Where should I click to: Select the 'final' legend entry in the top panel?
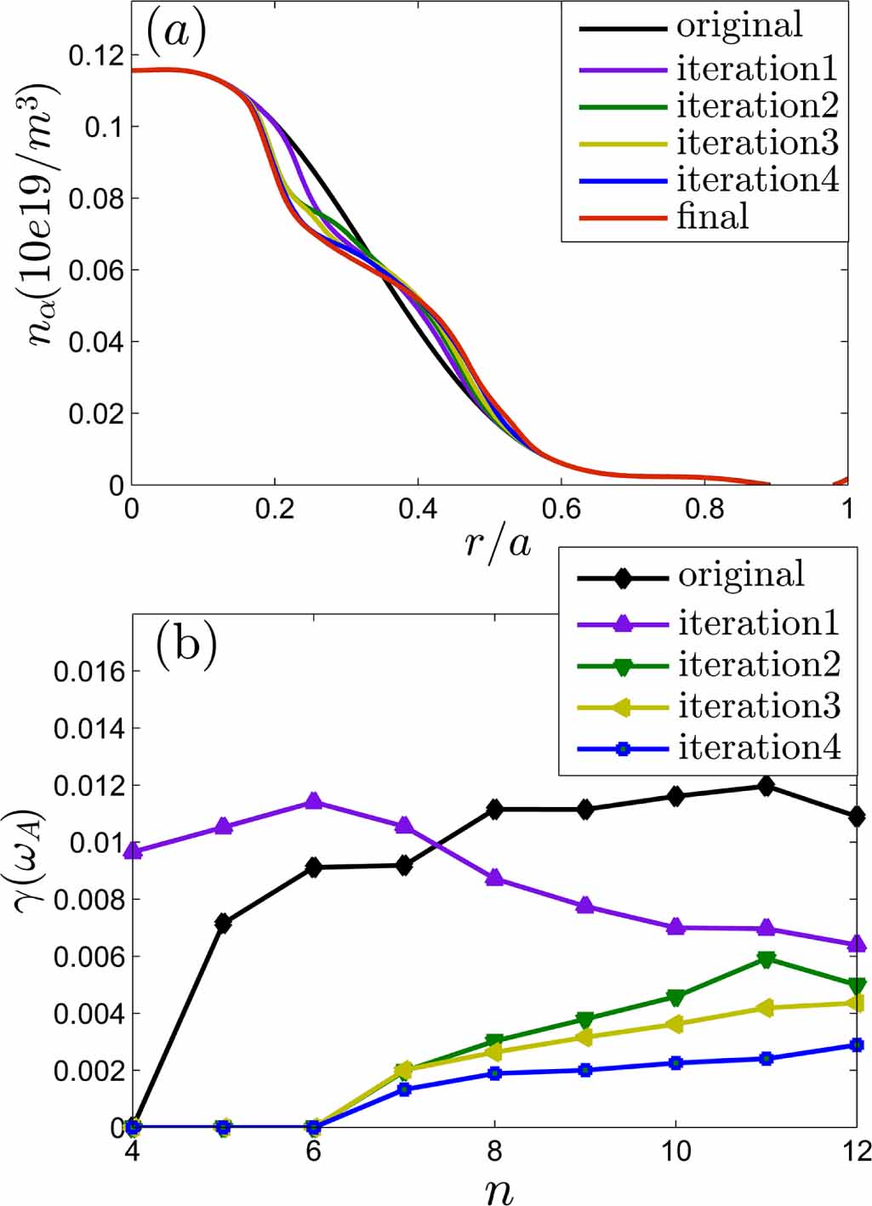(713, 217)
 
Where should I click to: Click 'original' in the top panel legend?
(739, 26)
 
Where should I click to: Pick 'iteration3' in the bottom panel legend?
(759, 706)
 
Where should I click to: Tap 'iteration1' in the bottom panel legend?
(759, 623)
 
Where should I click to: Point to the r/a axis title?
(498, 542)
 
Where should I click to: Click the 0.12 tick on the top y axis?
(95, 56)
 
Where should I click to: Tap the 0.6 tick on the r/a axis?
(561, 509)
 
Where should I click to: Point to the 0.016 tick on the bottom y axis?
(89, 672)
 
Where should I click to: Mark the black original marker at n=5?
(223, 923)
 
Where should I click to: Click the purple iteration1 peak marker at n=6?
(314, 801)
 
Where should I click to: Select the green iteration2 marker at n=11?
(767, 959)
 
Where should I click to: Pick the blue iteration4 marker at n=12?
(857, 1044)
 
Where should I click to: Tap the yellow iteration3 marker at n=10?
(675, 1024)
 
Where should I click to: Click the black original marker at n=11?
(767, 787)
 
